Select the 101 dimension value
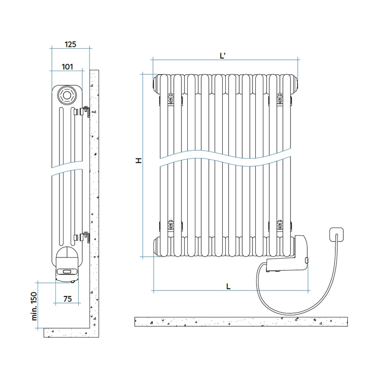(67, 67)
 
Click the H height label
(139, 160)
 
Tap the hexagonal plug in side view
(67, 95)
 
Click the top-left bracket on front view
(170, 100)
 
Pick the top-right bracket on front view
(280, 100)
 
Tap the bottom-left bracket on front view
(170, 225)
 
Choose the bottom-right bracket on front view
(280, 225)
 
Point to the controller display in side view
(67, 271)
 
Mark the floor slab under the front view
(241, 321)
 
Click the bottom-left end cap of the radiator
(156, 246)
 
